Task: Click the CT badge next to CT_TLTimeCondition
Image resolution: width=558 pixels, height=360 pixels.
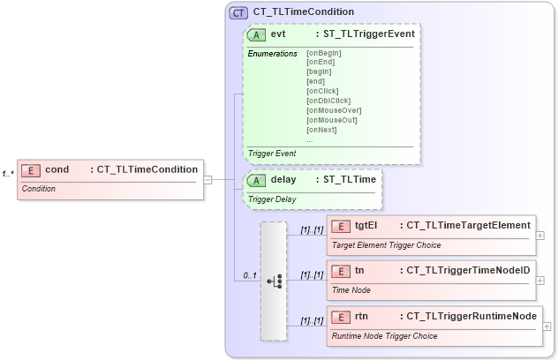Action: click(238, 12)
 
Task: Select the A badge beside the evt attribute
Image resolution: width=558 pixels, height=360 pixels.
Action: click(257, 34)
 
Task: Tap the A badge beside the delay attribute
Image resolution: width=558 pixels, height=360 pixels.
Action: click(257, 180)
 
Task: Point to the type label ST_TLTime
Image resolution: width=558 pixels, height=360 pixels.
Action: click(350, 180)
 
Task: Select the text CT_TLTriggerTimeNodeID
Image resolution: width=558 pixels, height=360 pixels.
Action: click(467, 271)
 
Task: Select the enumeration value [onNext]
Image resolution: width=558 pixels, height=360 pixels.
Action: click(321, 130)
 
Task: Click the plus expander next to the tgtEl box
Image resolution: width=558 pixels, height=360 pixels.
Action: click(540, 236)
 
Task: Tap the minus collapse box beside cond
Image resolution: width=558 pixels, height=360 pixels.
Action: click(207, 179)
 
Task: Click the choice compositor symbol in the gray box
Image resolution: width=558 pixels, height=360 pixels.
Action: click(274, 281)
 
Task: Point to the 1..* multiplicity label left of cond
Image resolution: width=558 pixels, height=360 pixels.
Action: click(8, 173)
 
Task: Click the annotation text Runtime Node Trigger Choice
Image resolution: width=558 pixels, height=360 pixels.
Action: click(384, 336)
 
